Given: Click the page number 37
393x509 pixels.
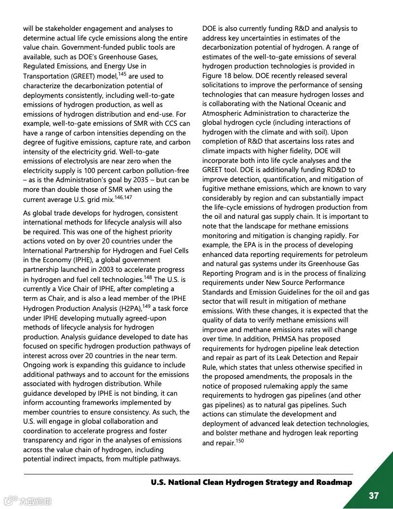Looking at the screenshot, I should tap(374, 496).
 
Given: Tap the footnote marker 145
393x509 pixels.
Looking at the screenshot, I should tap(123, 74).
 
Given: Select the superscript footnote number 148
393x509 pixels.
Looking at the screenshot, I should tap(148, 278).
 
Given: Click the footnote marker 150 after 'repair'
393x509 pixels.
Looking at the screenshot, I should tap(239, 440).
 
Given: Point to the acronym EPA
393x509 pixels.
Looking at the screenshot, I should tap(251, 245).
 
